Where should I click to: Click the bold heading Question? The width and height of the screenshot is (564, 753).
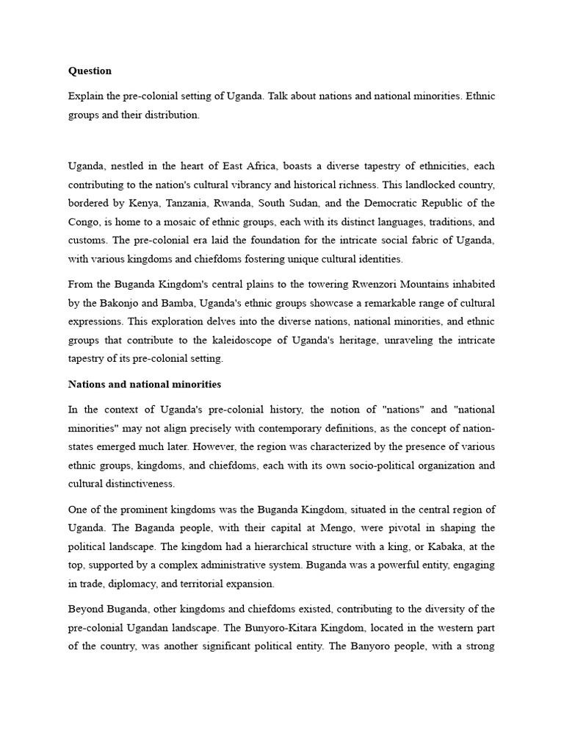coord(90,71)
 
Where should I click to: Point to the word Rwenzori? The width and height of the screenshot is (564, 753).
coord(392,284)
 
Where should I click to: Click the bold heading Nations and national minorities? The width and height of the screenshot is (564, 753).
coord(145,384)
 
